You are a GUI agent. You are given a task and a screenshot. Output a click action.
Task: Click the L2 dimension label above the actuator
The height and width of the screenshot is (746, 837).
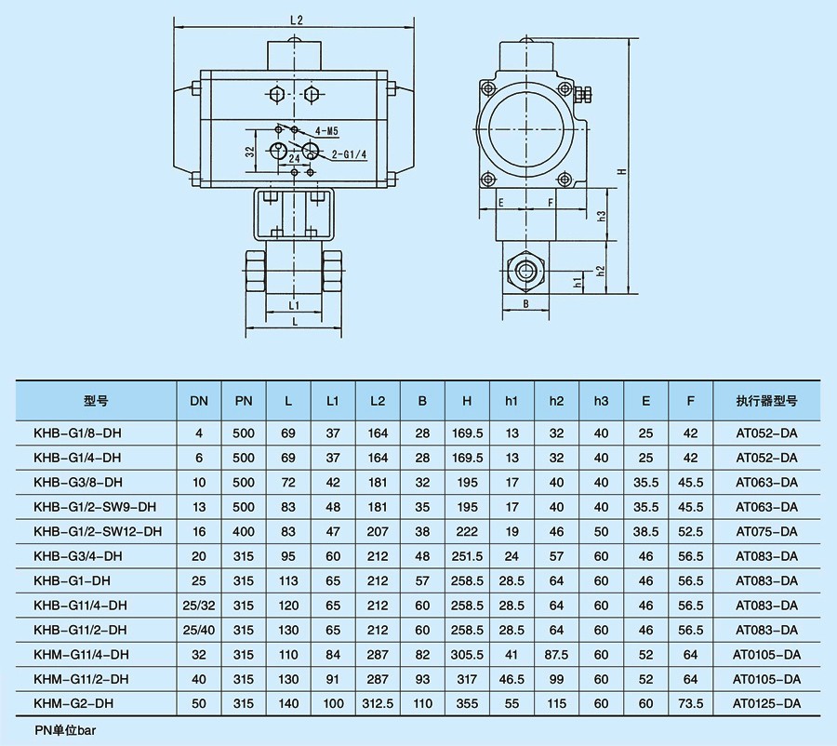point(297,20)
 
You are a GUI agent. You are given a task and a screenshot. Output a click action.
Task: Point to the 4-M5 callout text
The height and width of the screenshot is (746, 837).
point(326,131)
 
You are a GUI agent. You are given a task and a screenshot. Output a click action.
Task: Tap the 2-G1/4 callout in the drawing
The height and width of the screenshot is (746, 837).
point(349,154)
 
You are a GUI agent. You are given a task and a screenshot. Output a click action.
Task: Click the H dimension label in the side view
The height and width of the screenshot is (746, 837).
point(622,171)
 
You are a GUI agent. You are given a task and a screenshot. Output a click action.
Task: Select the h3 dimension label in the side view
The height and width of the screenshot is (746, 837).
point(602,216)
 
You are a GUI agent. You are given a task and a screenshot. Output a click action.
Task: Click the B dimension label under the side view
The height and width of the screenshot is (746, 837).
point(525,304)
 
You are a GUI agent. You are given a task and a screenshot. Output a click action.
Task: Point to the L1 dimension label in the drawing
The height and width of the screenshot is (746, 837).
point(294,305)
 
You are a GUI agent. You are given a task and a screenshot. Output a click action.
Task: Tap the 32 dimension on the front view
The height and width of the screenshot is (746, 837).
point(249,152)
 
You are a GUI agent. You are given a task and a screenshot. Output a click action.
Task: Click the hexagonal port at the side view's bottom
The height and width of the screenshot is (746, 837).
point(526,271)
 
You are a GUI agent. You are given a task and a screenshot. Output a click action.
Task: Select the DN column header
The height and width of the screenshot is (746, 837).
point(199,401)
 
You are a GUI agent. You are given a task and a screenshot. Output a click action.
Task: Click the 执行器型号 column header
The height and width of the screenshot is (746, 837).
point(766,401)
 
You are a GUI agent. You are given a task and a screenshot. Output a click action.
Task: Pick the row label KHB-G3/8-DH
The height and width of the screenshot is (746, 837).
point(78,482)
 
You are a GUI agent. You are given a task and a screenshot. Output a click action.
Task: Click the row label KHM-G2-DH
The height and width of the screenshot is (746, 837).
point(73,703)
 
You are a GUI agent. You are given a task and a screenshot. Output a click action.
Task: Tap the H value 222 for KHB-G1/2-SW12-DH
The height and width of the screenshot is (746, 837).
point(467,531)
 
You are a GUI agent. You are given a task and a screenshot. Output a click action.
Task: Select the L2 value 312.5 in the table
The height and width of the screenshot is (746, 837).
point(378,703)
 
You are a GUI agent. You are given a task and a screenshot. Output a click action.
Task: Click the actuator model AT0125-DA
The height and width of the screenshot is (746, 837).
point(766,703)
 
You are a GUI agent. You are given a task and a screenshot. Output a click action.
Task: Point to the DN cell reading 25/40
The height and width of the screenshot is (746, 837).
point(199,630)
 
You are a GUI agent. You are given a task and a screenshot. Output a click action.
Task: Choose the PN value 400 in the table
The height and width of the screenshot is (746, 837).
point(244,531)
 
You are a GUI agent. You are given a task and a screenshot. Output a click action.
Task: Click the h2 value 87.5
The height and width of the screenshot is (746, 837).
point(556,654)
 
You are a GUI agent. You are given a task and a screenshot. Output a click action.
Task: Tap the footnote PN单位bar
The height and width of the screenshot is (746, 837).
point(66,730)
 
